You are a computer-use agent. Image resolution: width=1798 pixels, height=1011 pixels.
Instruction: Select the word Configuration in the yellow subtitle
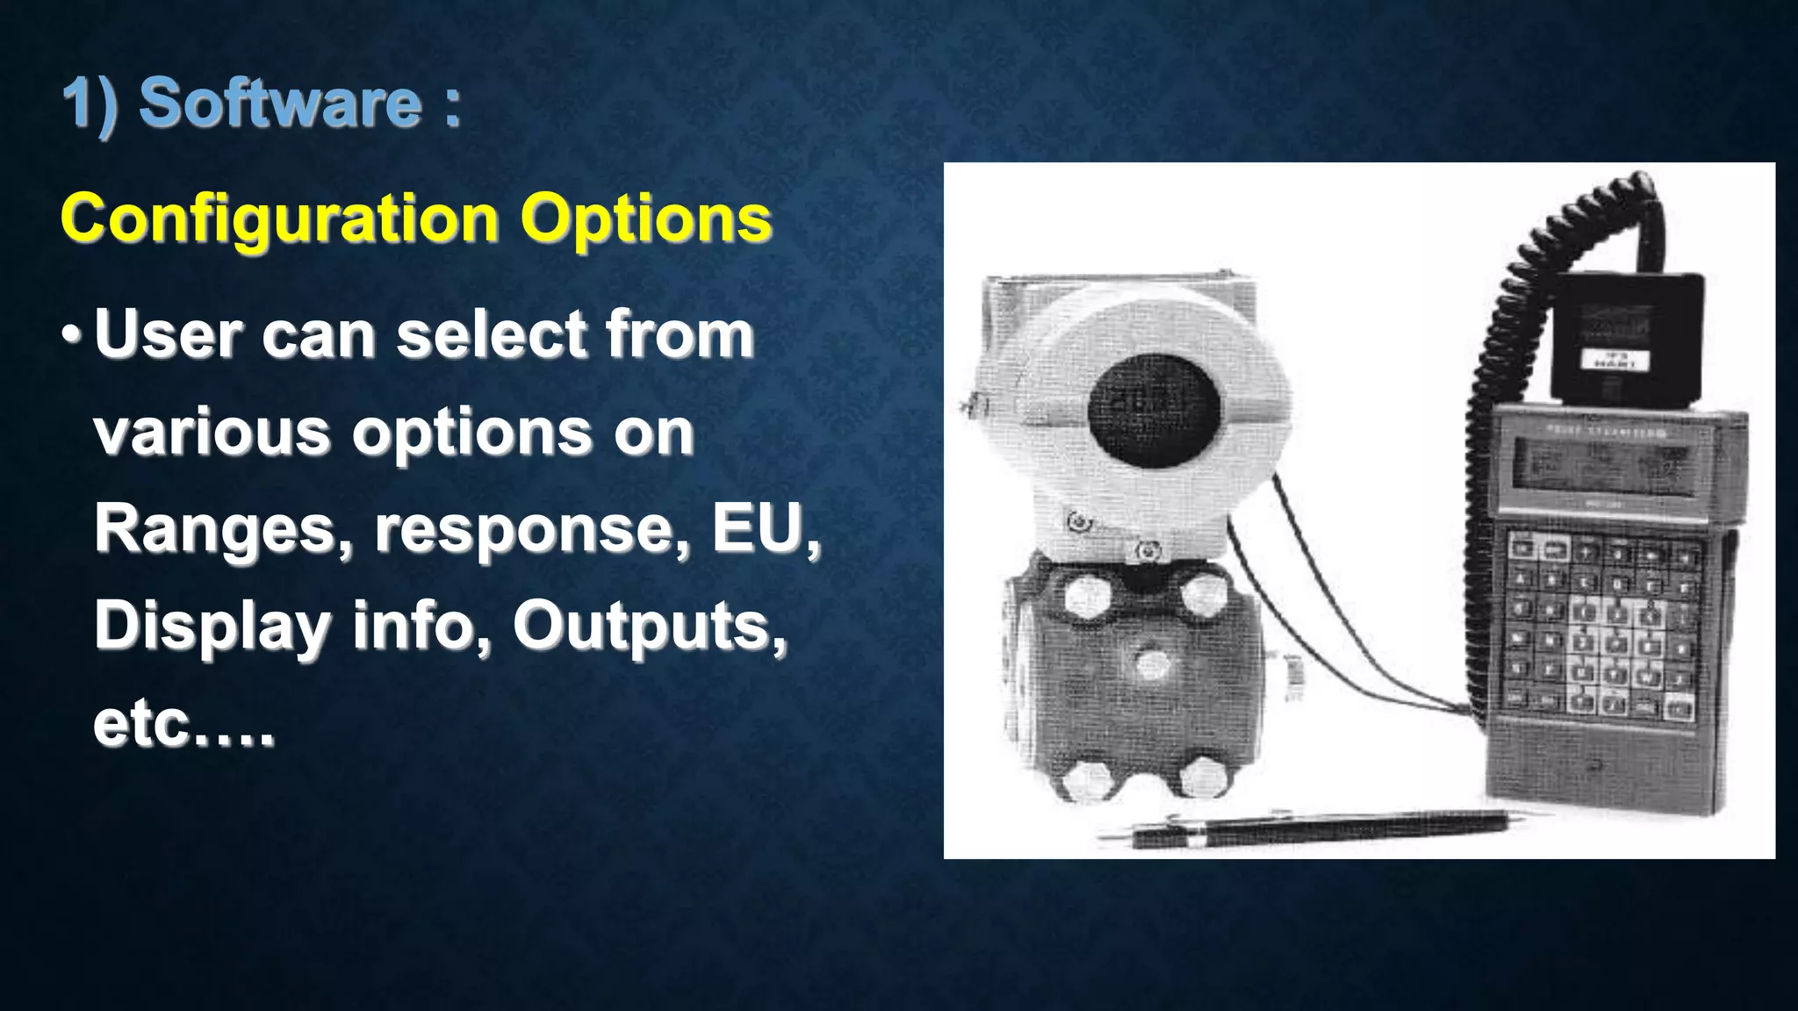pyautogui.click(x=279, y=219)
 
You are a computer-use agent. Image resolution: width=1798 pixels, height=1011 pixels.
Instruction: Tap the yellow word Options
pyautogui.click(x=646, y=219)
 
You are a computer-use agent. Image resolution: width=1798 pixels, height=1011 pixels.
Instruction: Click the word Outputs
pyautogui.click(x=648, y=627)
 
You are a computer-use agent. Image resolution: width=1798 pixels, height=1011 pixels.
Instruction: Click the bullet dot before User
pyautogui.click(x=72, y=336)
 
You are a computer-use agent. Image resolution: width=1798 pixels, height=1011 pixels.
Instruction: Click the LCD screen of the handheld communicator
pyautogui.click(x=1603, y=466)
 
